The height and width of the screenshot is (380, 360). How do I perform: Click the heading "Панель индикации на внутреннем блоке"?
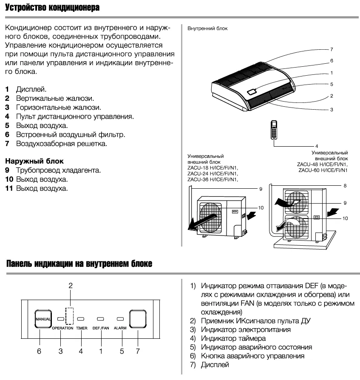pos(79,264)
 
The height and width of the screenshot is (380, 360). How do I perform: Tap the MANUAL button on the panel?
pos(43,318)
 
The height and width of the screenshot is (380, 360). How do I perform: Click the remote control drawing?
pos(275,130)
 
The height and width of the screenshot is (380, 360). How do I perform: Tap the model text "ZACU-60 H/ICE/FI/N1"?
pos(323,170)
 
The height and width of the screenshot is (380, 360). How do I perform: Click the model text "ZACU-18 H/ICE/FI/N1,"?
pos(213,167)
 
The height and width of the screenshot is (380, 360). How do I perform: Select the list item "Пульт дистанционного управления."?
pos(75,116)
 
